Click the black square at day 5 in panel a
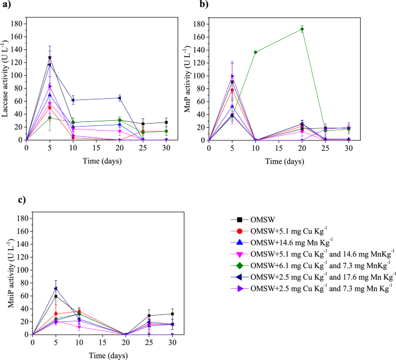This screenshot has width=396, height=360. click(x=50, y=58)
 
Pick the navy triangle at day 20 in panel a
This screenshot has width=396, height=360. click(x=120, y=98)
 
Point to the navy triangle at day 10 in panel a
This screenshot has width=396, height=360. click(x=73, y=100)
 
